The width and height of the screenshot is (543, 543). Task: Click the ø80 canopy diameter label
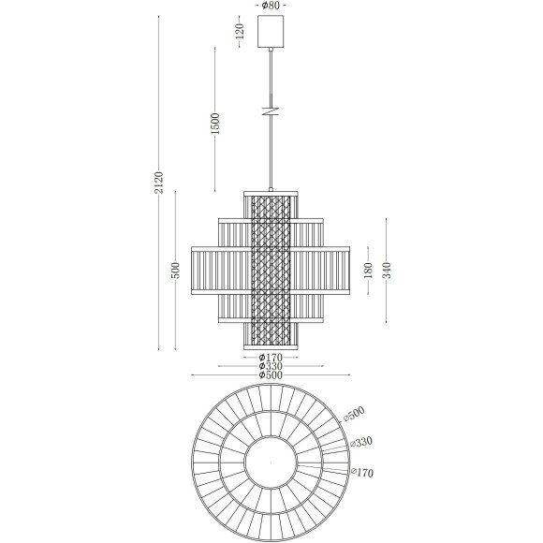pyautogui.click(x=271, y=6)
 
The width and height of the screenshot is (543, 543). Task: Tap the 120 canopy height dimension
pyautogui.click(x=240, y=32)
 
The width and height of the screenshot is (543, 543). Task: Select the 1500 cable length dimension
pyautogui.click(x=214, y=123)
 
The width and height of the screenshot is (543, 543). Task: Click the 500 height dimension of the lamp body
pyautogui.click(x=175, y=270)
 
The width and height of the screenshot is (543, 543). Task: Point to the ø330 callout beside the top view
pyautogui.click(x=361, y=440)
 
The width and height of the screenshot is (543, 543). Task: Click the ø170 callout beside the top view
pyautogui.click(x=360, y=474)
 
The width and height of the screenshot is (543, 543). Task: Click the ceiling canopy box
pyautogui.click(x=271, y=32)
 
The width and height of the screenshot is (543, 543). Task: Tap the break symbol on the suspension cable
pyautogui.click(x=271, y=110)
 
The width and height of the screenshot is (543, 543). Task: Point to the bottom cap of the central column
pyautogui.click(x=271, y=345)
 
